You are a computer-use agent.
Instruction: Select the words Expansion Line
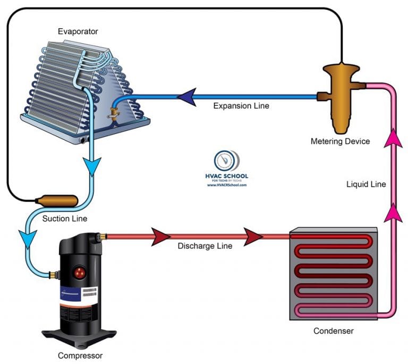coord(241,106)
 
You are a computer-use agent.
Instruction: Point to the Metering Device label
coord(340,142)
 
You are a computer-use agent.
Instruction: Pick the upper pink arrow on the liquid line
coord(394,138)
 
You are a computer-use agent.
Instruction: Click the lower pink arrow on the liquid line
coord(394,213)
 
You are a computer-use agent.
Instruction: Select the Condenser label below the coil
coord(334,331)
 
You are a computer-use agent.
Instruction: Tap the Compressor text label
coord(80,355)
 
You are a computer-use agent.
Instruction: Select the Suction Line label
coord(65,218)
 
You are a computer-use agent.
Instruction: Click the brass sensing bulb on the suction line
coord(55,201)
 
